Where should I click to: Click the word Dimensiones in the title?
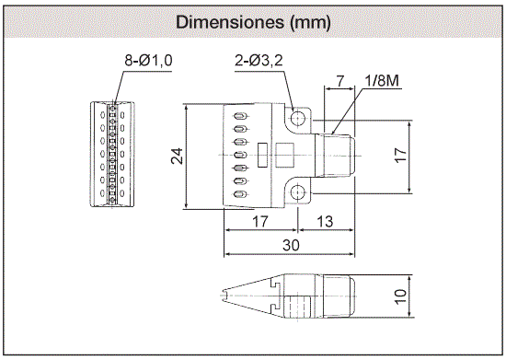[229, 22]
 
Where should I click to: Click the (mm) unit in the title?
[310, 23]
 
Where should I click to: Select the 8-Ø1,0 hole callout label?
[148, 61]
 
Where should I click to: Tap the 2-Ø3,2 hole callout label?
[259, 61]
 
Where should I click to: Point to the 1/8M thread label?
[382, 81]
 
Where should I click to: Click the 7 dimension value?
[339, 81]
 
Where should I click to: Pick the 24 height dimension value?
[177, 157]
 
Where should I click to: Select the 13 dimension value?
[325, 222]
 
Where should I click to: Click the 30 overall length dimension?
[291, 246]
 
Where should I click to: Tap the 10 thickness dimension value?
[400, 296]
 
